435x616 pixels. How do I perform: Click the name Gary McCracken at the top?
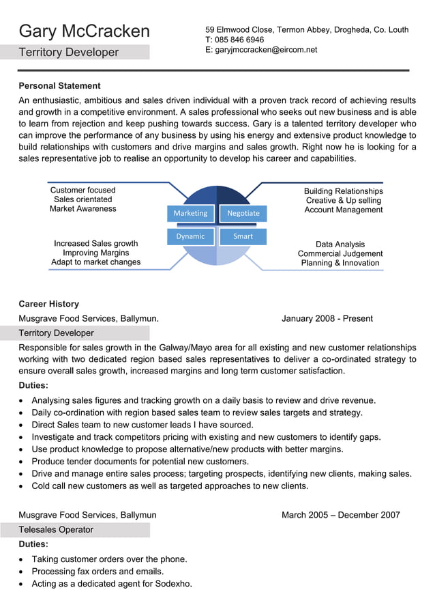click(x=84, y=31)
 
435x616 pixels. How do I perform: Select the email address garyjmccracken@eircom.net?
click(x=266, y=50)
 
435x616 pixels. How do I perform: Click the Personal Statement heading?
click(x=59, y=86)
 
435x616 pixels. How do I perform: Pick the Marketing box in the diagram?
click(x=190, y=213)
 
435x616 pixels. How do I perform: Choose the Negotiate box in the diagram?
click(x=243, y=213)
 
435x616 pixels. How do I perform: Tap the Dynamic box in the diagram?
click(x=190, y=236)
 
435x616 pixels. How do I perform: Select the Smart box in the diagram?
click(x=243, y=236)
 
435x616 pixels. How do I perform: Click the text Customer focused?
click(x=83, y=190)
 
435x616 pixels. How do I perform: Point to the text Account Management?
click(x=343, y=210)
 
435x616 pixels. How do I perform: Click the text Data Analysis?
click(x=340, y=244)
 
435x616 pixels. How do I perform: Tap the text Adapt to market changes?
click(x=96, y=262)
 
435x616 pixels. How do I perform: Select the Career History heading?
click(x=48, y=304)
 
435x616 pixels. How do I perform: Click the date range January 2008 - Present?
click(x=327, y=318)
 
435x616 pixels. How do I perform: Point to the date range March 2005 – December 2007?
click(x=340, y=515)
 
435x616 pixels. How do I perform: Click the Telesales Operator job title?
click(x=56, y=530)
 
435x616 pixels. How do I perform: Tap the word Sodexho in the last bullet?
click(x=173, y=584)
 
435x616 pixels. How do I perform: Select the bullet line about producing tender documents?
click(x=140, y=462)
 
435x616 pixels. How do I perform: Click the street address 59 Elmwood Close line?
click(x=307, y=29)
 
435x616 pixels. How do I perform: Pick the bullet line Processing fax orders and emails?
click(x=97, y=572)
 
